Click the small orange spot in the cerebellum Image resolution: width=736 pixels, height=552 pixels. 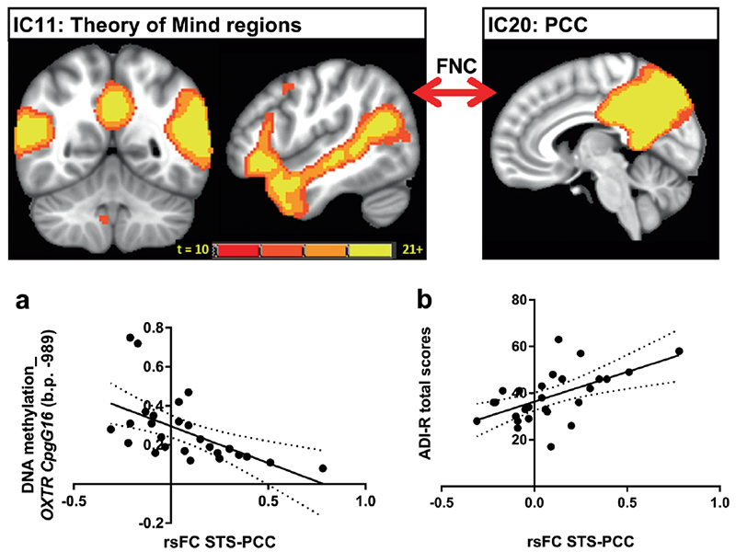click(103, 219)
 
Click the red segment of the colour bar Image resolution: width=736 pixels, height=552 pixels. click(236, 251)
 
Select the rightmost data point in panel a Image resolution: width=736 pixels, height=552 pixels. click(323, 468)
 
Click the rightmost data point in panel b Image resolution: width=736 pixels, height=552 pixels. click(679, 351)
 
